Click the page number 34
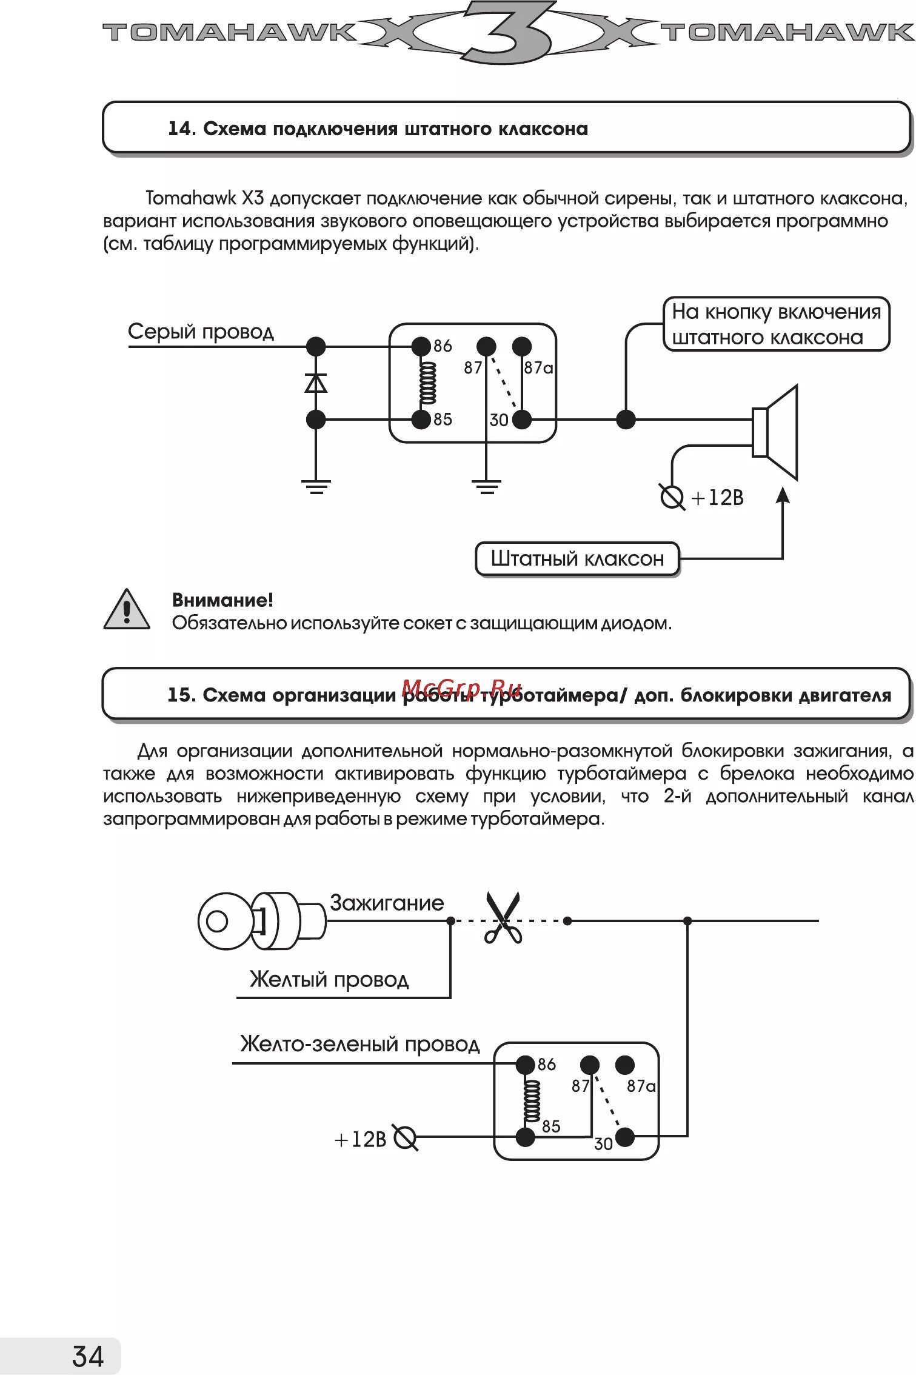point(88,1356)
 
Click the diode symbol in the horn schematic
point(316,383)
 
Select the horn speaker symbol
point(775,432)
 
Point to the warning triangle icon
point(126,610)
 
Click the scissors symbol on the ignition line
point(503,918)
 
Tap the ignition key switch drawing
point(261,921)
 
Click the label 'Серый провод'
point(201,332)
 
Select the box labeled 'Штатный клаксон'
point(577,558)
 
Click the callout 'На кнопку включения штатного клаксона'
point(776,324)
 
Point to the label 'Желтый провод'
point(329,979)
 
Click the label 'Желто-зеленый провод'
point(359,1044)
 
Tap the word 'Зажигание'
point(387,903)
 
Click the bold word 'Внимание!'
point(222,600)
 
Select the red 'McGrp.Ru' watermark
point(461,689)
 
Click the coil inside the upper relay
point(427,383)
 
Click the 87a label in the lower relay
point(641,1086)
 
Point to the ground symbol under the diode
point(316,487)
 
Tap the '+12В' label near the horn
point(717,498)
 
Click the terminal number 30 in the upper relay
point(498,420)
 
